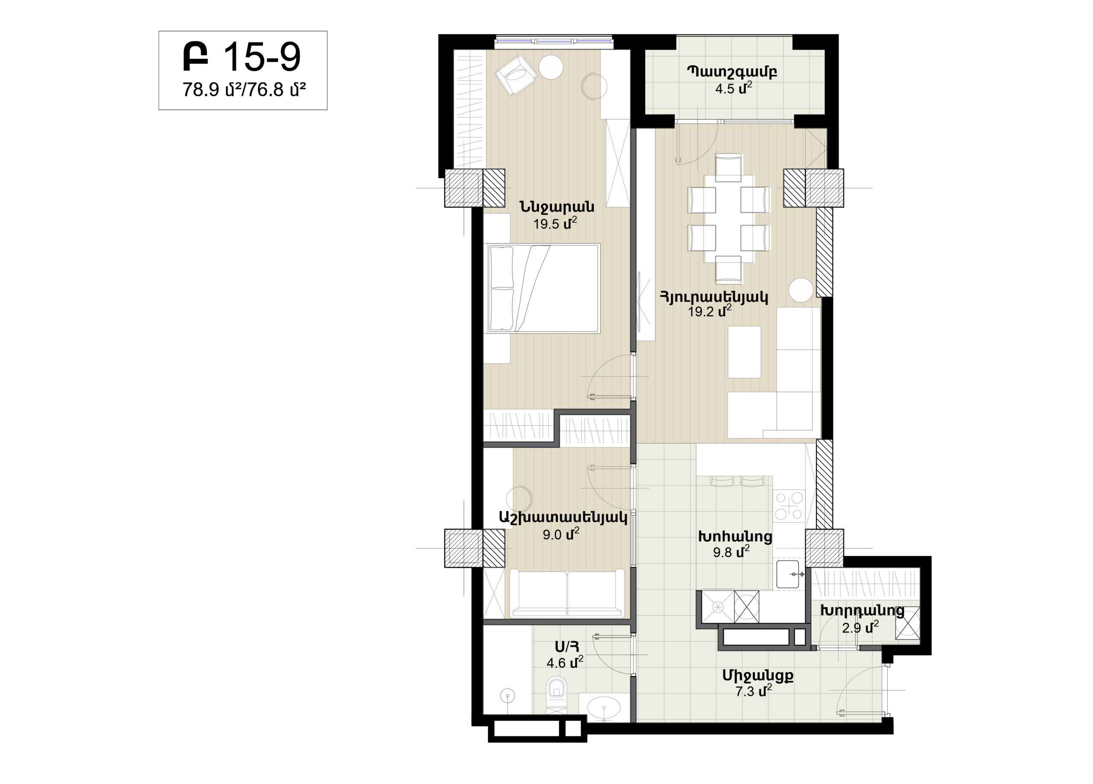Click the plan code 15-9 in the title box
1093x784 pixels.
(x=263, y=57)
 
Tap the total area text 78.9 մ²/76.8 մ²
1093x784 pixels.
(x=244, y=90)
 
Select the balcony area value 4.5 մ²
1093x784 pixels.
(x=734, y=88)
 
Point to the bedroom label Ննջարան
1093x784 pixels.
(x=557, y=207)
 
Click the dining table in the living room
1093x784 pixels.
(x=728, y=218)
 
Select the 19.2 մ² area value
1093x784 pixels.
(x=710, y=311)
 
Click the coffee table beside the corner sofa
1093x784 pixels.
(x=744, y=352)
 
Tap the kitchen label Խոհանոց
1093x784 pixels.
(x=735, y=537)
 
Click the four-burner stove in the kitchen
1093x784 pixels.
(x=789, y=505)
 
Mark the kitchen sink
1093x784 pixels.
(x=788, y=574)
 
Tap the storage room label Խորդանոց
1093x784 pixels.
(x=862, y=611)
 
